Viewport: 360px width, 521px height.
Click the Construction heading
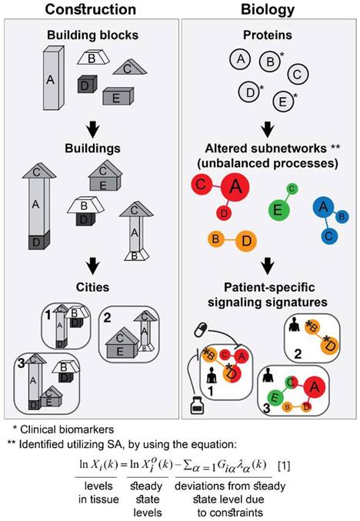92,9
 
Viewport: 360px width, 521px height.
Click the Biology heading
268,9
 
